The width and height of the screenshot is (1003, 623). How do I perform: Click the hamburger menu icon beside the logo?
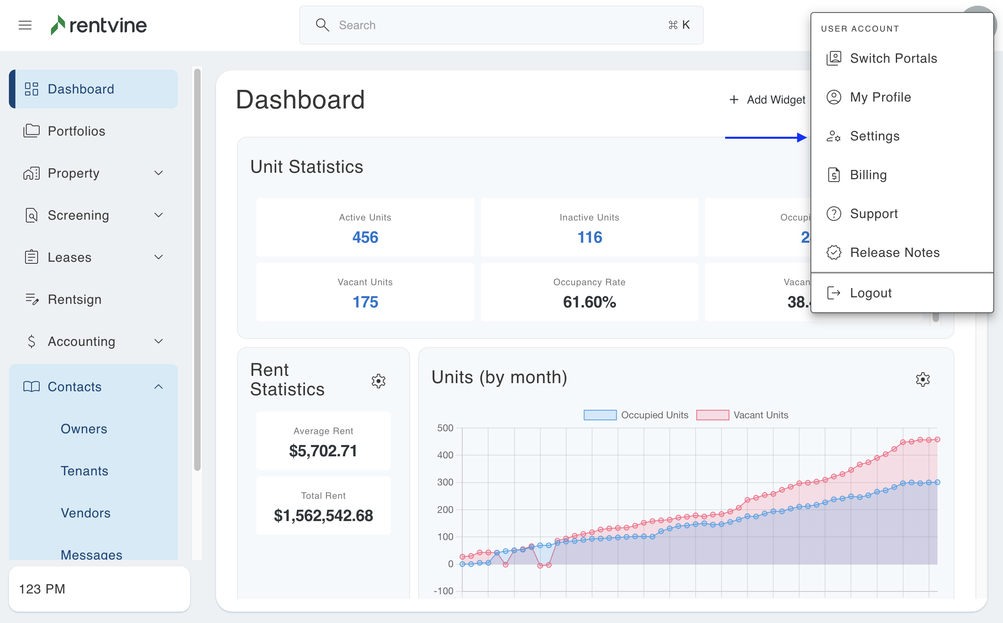click(25, 25)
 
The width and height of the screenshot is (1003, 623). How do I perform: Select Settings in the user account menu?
click(874, 136)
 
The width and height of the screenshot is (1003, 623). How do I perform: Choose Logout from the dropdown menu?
click(870, 293)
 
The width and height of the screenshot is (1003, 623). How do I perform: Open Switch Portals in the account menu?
click(893, 59)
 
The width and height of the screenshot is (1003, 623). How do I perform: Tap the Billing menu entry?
click(868, 175)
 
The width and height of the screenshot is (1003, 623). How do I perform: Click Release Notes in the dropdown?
click(894, 252)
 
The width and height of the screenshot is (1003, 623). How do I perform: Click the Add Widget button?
click(767, 100)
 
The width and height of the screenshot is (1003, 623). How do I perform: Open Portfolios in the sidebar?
click(76, 131)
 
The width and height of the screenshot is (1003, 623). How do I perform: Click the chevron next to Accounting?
click(159, 341)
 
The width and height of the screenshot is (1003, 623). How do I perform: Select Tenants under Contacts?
click(85, 471)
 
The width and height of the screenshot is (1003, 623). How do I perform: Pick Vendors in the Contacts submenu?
click(86, 513)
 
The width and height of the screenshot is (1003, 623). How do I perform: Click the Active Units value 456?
click(365, 237)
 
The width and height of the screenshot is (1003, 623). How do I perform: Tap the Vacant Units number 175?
click(365, 302)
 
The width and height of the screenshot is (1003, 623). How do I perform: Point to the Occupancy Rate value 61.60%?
click(589, 302)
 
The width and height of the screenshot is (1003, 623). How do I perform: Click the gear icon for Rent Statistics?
click(378, 381)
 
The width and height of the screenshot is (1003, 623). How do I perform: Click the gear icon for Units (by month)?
click(922, 379)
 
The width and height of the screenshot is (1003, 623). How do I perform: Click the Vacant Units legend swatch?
click(712, 415)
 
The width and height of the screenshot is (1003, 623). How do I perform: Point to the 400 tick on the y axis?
click(445, 455)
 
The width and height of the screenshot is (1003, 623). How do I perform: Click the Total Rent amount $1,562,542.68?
click(324, 515)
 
